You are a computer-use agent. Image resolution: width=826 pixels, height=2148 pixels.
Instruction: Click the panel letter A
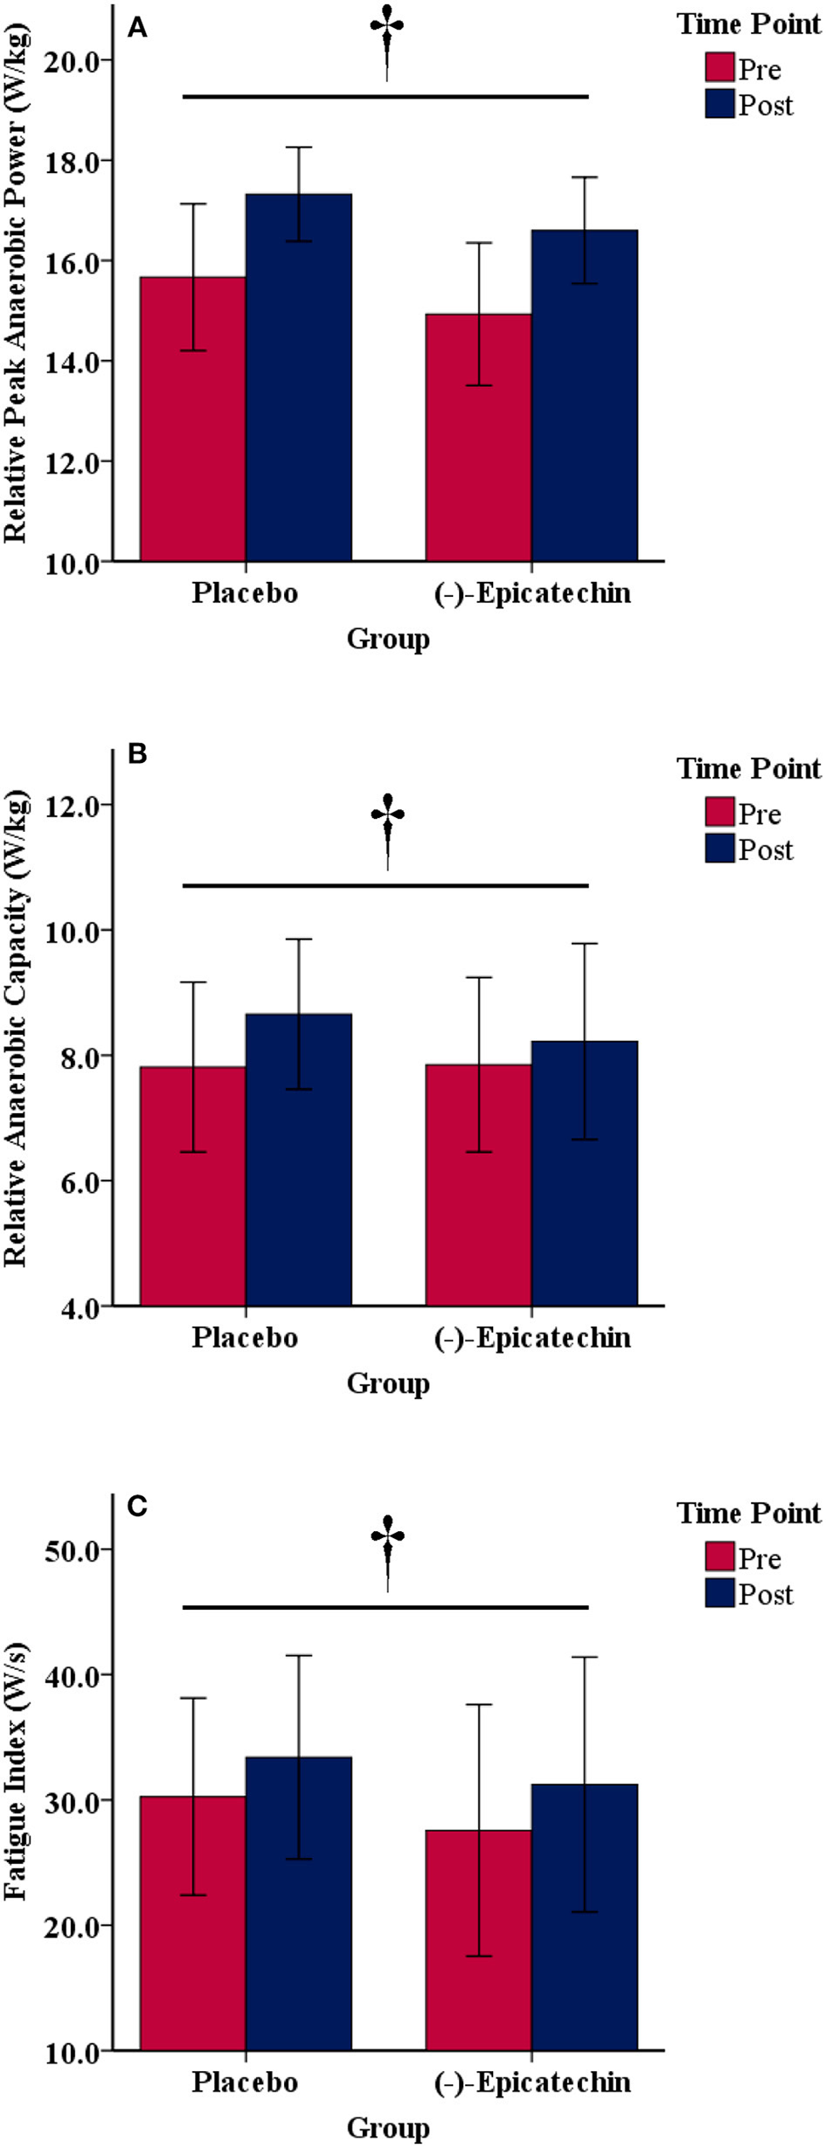(x=137, y=29)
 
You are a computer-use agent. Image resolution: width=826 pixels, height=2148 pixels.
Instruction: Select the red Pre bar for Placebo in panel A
(x=192, y=419)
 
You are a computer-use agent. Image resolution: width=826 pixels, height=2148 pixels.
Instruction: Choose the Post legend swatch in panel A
(x=719, y=104)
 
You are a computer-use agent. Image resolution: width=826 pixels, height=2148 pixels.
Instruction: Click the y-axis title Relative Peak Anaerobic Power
(x=16, y=284)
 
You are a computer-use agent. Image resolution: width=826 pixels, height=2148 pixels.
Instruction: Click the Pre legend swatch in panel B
(x=719, y=812)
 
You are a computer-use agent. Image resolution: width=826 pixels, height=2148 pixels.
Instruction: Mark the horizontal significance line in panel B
(x=385, y=885)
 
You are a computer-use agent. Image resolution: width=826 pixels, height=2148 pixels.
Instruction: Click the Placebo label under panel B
(x=245, y=1337)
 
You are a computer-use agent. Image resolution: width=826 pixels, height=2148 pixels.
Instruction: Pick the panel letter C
(x=137, y=1506)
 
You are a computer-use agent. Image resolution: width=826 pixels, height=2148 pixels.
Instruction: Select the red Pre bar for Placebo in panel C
(x=192, y=1923)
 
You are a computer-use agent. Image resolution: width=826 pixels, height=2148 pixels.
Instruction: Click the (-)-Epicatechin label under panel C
(x=532, y=2082)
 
